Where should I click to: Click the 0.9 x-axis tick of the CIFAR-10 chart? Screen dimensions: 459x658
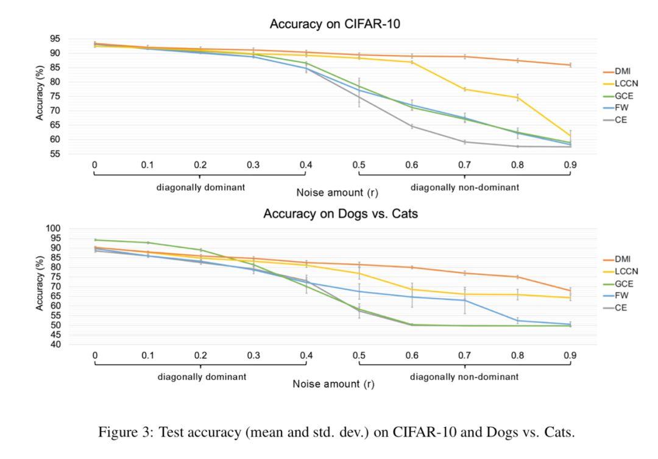click(570, 165)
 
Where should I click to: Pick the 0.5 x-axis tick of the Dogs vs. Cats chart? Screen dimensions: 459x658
click(359, 355)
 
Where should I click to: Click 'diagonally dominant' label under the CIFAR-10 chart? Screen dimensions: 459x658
click(200, 187)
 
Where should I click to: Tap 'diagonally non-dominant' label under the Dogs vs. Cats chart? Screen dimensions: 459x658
click(464, 377)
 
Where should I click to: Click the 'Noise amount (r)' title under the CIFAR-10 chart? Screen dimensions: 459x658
click(337, 193)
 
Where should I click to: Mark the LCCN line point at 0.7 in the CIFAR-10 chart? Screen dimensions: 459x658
click(465, 90)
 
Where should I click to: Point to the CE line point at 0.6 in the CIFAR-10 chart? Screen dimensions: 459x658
click(412, 126)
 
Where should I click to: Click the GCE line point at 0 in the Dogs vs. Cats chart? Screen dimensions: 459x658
click(95, 240)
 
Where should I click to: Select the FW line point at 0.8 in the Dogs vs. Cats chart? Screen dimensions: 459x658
click(518, 321)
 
